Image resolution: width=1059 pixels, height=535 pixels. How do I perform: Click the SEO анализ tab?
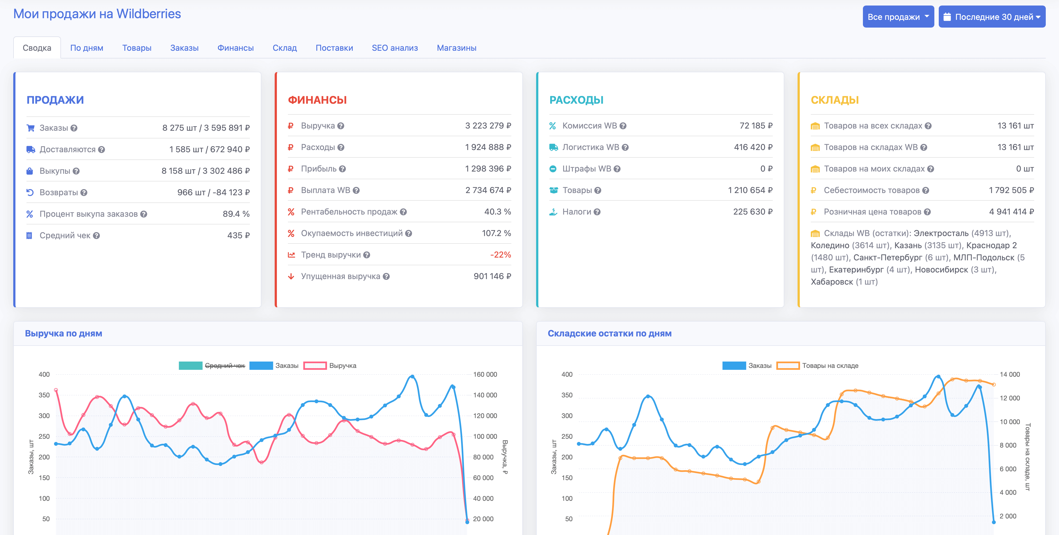tap(394, 48)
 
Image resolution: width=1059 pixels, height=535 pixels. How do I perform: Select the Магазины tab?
tap(456, 48)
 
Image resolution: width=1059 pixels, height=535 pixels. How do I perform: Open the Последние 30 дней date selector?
tap(992, 17)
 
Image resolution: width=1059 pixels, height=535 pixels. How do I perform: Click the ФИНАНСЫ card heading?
tap(317, 100)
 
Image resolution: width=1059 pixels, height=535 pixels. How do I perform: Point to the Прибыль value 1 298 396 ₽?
tap(488, 168)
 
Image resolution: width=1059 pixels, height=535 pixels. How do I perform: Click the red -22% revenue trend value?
tap(500, 255)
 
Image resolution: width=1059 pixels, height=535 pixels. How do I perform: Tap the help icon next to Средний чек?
tap(97, 236)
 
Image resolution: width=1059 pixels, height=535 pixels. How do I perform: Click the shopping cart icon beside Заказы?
tap(30, 128)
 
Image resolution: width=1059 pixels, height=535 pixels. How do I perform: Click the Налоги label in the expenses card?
tap(576, 212)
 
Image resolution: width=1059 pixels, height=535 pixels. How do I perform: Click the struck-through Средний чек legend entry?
tap(224, 366)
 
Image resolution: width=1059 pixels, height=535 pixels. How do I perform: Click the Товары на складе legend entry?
tap(830, 366)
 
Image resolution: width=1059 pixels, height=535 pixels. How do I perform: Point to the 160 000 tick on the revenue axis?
tap(485, 374)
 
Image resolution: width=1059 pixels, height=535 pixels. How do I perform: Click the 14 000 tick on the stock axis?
tap(1009, 374)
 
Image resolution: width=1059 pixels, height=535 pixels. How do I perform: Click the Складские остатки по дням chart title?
tap(609, 333)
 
